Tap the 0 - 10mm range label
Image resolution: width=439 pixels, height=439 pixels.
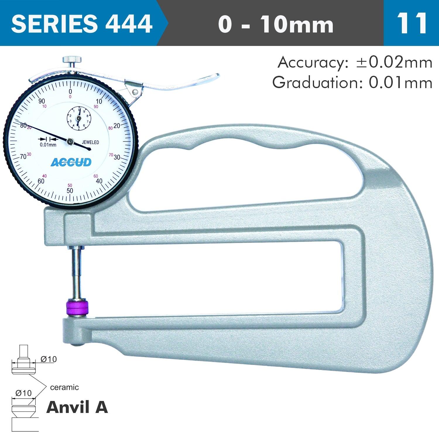[275, 24]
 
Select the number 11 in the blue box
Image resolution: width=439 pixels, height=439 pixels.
[411, 23]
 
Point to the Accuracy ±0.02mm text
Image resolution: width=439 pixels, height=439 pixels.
[355, 62]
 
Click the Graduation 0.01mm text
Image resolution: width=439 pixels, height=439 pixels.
[352, 83]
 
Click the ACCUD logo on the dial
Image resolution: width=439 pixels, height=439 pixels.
[71, 162]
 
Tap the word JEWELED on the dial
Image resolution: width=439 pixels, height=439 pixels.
[90, 143]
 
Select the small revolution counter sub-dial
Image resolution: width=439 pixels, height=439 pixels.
[79, 118]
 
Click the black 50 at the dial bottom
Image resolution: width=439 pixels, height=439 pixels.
[70, 191]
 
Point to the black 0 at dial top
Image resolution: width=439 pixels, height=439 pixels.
[70, 91]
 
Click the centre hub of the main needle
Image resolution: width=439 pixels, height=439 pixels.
[70, 142]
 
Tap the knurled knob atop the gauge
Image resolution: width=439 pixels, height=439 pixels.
[72, 60]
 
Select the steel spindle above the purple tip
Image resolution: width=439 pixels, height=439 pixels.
[77, 272]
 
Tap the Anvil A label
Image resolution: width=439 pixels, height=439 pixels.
[77, 407]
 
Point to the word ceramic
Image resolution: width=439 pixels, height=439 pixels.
[64, 387]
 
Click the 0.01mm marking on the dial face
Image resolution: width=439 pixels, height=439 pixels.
[48, 145]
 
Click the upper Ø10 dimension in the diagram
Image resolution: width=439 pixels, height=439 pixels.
[49, 359]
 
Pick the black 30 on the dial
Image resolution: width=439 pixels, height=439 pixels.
[117, 157]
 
